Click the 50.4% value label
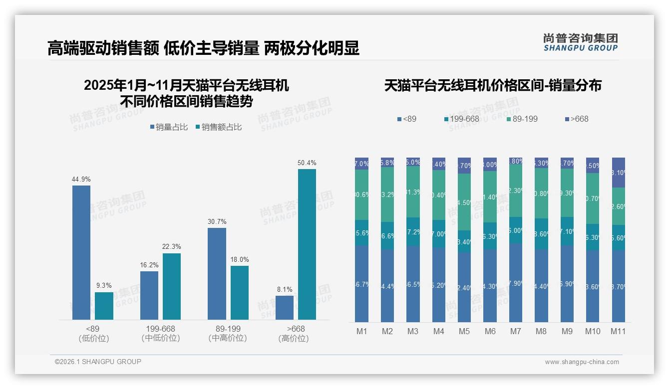307,163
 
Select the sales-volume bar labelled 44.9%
81,252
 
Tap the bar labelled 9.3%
104,306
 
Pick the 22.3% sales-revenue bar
172,286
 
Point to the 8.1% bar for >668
285,307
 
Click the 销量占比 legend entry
169,127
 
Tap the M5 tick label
464,331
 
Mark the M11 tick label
618,331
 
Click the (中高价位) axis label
228,338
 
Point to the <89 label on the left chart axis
94,329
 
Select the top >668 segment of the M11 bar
618,173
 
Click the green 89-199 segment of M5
464,202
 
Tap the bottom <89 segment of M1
361,283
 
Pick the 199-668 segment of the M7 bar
516,230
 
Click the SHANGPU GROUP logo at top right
581,42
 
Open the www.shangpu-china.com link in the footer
582,362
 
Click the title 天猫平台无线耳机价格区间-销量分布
493,86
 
